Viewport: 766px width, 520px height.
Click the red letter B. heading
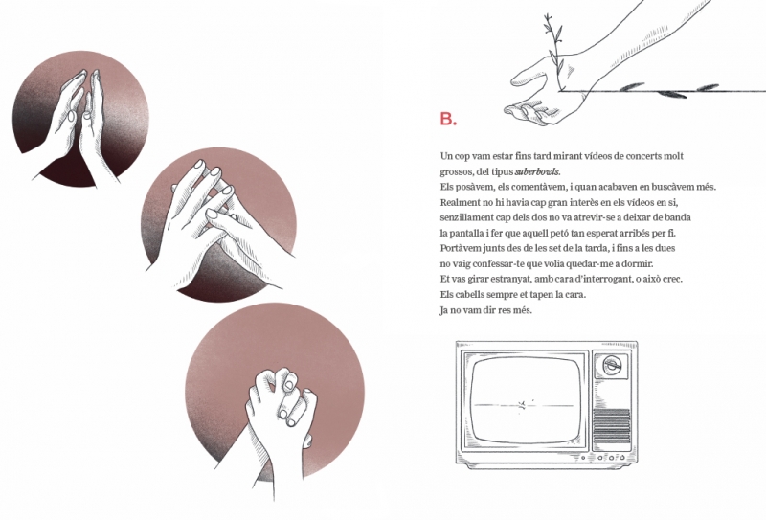[x=448, y=119]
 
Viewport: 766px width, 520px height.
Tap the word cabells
[x=470, y=295]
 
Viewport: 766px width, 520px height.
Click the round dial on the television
[x=611, y=365]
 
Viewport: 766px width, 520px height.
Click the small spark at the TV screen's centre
[x=523, y=405]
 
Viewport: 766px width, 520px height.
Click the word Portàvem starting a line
[x=461, y=248]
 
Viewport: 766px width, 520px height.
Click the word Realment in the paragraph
[x=461, y=202]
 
